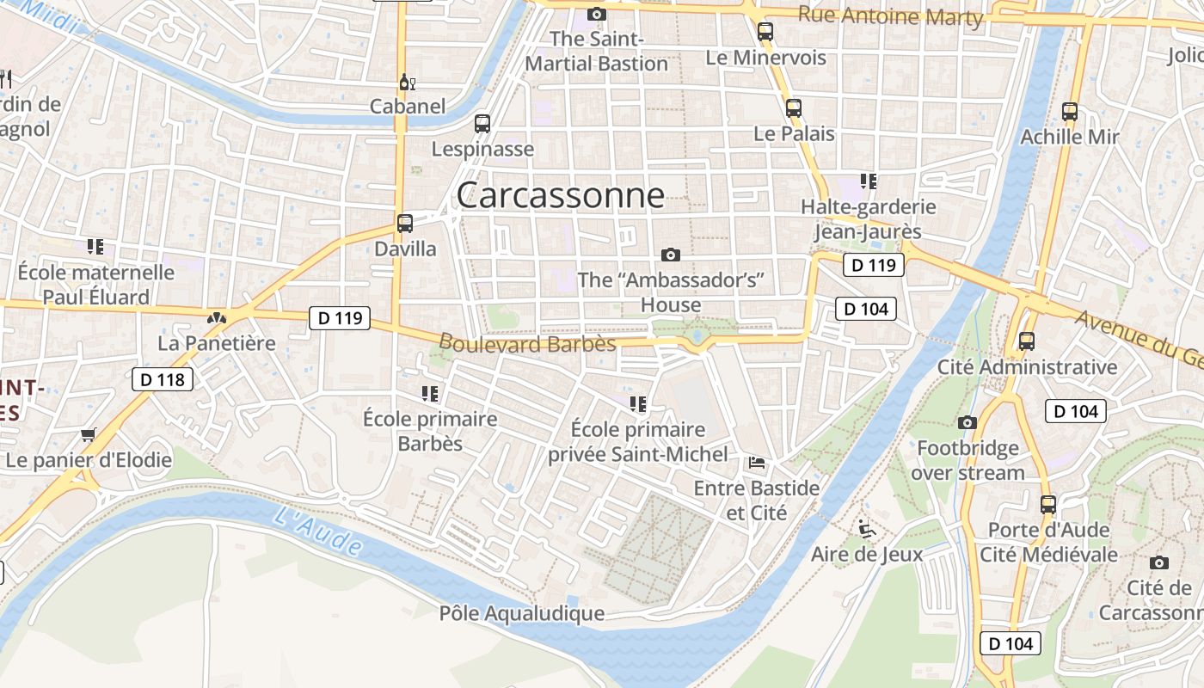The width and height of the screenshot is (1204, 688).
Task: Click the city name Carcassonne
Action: (560, 196)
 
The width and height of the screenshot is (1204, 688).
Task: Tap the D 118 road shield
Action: (163, 378)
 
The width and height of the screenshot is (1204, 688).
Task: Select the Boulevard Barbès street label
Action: (527, 343)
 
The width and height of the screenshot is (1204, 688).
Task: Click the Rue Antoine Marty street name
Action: (890, 15)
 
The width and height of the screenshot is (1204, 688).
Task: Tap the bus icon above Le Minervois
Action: (765, 33)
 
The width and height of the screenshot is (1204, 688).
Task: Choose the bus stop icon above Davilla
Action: (405, 224)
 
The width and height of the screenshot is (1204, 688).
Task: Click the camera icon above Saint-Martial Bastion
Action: (596, 14)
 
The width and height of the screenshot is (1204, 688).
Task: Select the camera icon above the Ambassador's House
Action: (671, 255)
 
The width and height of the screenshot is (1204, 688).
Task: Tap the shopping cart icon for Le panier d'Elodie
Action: (88, 434)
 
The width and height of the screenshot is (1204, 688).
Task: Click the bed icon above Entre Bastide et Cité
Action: (757, 463)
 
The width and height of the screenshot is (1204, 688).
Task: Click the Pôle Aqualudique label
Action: (521, 613)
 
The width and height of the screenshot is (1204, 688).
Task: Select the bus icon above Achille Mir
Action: (1069, 112)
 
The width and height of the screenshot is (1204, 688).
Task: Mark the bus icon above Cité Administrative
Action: (1026, 341)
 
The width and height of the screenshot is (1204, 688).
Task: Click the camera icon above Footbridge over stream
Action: (967, 422)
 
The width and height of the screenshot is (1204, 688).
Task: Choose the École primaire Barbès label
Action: (430, 431)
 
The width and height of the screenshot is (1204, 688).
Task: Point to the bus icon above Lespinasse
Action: (482, 124)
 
